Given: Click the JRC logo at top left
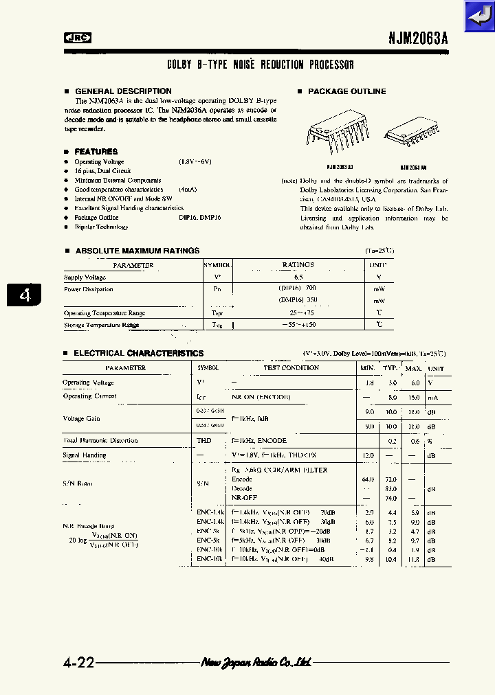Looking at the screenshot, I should pos(78,38).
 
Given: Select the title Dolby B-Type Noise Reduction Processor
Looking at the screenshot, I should pos(261,65).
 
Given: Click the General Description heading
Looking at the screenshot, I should pos(122,91).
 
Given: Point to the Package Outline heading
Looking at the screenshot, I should pos(346,91).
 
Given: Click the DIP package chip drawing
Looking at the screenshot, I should pos(331,133).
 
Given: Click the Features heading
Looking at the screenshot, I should pos(96,152).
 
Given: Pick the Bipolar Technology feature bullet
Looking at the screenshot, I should pos(101,227).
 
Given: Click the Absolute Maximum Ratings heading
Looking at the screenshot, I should pos(137,251).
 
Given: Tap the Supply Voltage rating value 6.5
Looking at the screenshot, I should pos(298,277).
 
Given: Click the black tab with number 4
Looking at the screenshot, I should pos(24,295).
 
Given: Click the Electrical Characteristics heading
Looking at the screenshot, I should pos(138,354).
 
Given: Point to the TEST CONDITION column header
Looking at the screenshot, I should pos(291,368).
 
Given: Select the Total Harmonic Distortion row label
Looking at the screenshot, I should pos(100,441).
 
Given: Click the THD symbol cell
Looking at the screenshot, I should pos(204,441).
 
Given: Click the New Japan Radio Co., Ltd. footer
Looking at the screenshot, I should pos(256,663).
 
